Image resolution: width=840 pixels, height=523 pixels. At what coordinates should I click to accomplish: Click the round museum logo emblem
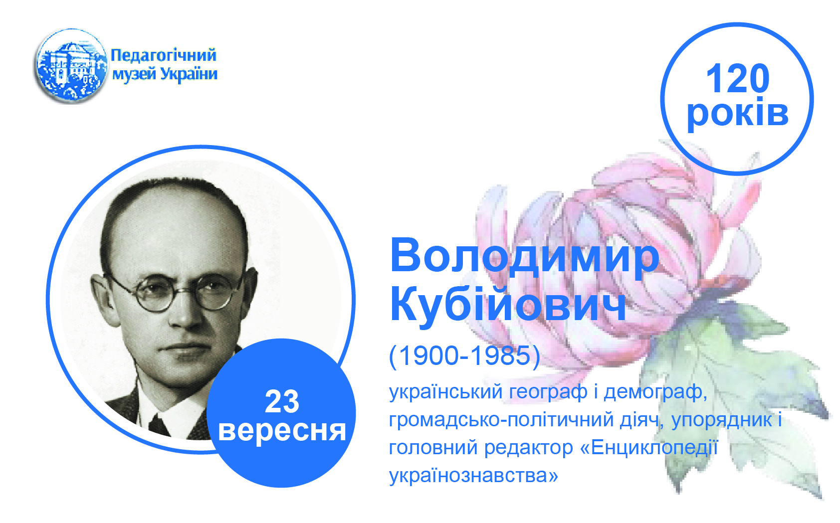71,66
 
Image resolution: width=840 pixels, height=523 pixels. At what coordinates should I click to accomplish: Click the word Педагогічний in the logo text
164,55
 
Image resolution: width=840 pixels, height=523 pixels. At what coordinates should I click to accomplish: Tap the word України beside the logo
189,74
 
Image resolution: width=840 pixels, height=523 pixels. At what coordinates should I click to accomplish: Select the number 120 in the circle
737,78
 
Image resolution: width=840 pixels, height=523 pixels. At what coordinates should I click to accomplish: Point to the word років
738,113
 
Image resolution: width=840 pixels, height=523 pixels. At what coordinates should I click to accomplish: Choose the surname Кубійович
508,304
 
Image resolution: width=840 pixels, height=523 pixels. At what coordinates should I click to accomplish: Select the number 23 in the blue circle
282,402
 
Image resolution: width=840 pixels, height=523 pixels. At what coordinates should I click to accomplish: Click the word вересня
282,431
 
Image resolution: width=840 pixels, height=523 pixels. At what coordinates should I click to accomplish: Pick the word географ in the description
548,392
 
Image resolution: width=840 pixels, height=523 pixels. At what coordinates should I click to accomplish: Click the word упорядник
719,420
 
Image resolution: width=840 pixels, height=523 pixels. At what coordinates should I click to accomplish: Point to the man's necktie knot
160,425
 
